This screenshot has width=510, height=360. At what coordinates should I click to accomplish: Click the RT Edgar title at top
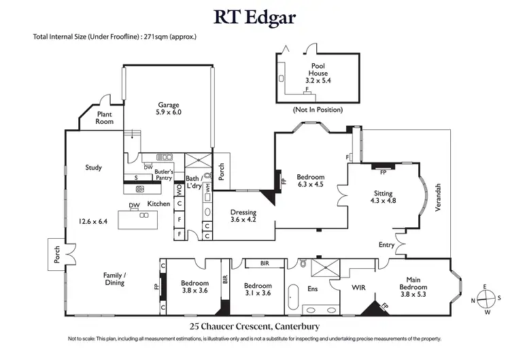254,16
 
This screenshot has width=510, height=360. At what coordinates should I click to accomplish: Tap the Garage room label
169,108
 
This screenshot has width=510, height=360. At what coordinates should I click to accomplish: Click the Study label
93,167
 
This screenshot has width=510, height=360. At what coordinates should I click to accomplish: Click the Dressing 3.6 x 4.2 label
243,216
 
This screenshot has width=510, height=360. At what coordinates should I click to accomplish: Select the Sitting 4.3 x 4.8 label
382,197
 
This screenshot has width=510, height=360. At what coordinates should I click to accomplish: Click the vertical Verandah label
439,197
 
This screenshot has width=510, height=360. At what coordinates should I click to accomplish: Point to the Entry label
386,244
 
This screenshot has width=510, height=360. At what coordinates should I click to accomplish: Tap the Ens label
313,289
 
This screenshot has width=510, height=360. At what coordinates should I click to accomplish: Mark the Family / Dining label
114,278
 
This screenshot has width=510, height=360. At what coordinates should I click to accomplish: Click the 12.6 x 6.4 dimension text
93,220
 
